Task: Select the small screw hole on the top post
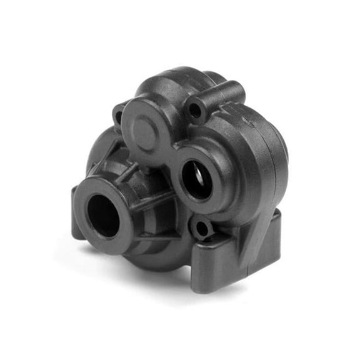(195, 111)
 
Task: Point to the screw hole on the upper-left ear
(119, 116)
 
